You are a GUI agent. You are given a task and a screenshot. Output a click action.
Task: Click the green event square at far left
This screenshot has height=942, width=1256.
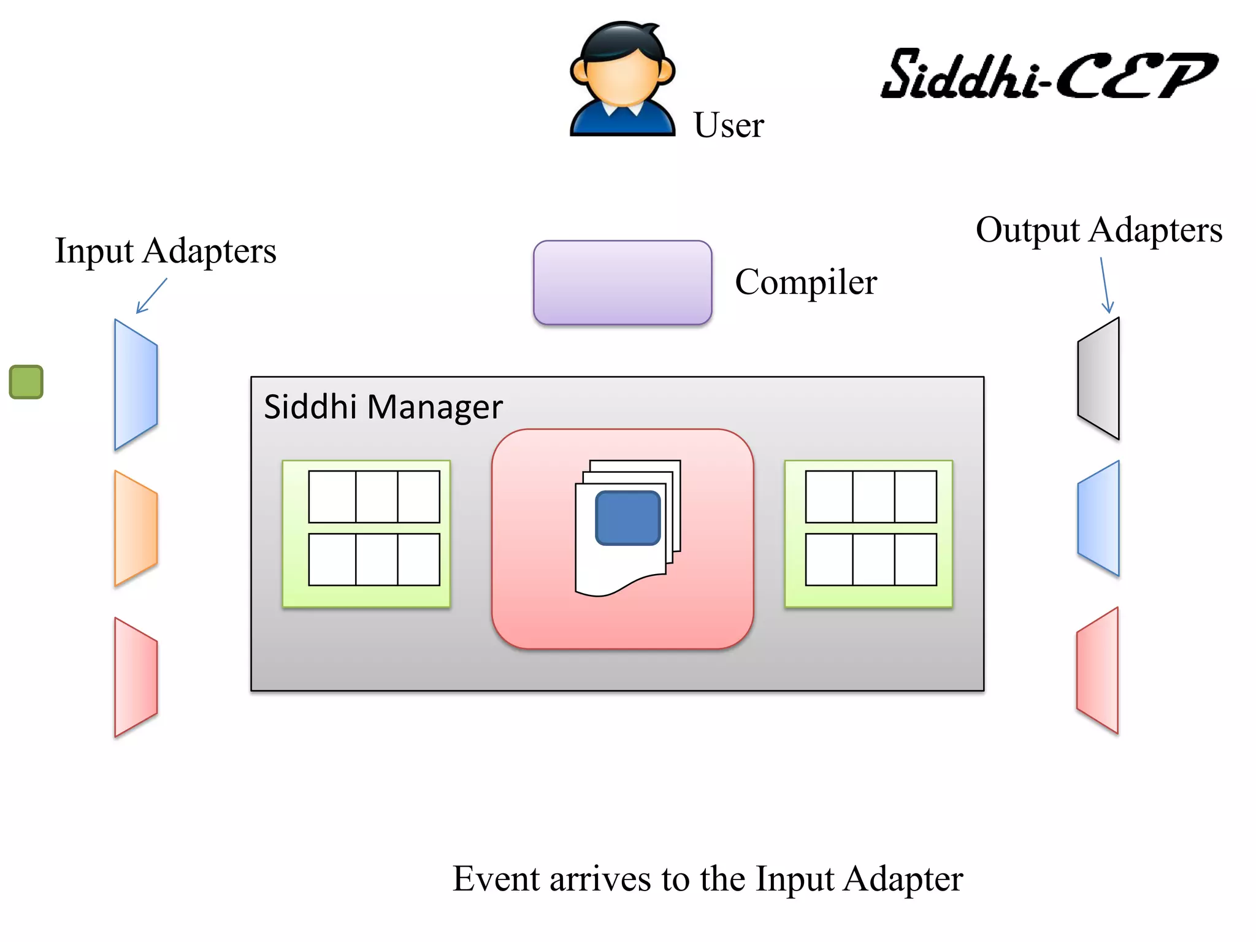(26, 382)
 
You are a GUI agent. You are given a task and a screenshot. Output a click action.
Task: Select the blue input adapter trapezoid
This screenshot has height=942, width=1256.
(136, 385)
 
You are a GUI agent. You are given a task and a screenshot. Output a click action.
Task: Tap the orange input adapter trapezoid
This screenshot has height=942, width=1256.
(136, 528)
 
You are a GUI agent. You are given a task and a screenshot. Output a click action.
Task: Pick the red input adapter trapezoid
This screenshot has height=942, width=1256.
(136, 677)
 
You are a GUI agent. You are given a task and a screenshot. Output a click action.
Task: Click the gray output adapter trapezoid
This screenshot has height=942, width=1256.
(1099, 378)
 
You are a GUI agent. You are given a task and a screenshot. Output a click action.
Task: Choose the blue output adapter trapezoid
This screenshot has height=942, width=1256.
(1099, 518)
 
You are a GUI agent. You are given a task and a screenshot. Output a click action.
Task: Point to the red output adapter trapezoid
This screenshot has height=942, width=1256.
(1098, 670)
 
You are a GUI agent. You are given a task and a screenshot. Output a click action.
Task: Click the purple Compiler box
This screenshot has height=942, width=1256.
(622, 283)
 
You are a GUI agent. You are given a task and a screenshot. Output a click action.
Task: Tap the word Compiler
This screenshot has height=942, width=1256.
(806, 282)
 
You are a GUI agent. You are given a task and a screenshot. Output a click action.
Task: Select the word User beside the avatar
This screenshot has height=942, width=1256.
(729, 125)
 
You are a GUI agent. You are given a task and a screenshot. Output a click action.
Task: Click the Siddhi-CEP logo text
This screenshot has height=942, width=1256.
(1048, 75)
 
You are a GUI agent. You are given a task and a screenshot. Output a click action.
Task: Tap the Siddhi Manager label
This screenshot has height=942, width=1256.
(383, 407)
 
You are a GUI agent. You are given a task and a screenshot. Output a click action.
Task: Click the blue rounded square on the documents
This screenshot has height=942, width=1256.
(627, 518)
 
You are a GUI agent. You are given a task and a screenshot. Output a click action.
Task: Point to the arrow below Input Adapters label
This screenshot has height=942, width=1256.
(151, 296)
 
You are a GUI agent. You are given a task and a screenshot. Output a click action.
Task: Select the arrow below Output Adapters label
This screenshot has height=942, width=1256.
(1105, 285)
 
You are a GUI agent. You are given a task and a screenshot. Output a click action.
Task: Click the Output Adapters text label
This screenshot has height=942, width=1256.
(1099, 230)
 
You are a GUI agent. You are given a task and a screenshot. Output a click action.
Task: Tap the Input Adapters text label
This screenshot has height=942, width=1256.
(166, 251)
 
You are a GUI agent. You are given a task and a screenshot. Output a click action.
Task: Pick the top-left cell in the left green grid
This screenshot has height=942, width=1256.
(332, 497)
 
